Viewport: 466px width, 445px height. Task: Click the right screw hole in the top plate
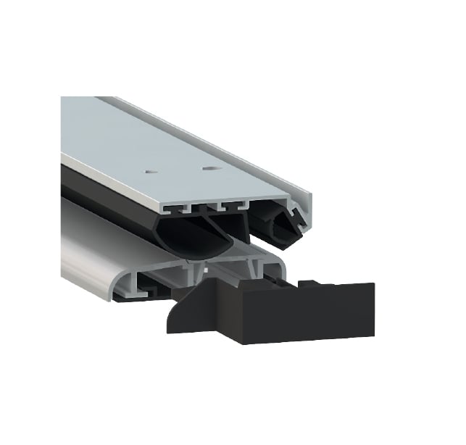pos(210,168)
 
